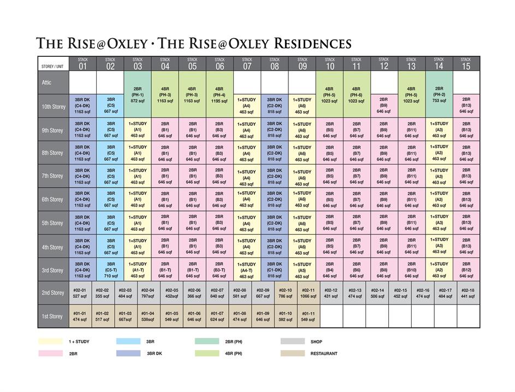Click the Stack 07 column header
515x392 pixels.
pos(247,64)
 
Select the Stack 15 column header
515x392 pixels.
pos(466,64)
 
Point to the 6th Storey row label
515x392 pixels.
pos(53,200)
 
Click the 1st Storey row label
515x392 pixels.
pos(53,317)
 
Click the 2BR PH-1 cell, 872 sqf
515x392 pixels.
pos(138,95)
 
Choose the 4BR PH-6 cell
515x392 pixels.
pos(357,95)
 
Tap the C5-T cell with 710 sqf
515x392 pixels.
pos(111,270)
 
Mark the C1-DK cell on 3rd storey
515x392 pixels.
pos(275,270)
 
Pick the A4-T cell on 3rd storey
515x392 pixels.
pos(247,270)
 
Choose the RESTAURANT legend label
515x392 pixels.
pos(324,353)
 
